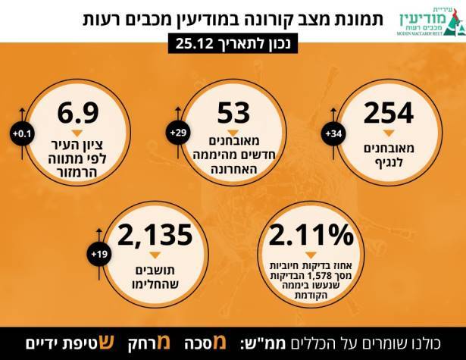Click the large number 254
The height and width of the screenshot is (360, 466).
pos(388,114)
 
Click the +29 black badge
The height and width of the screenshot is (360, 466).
pos(180,134)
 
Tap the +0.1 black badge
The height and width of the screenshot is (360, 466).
pos(20,134)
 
